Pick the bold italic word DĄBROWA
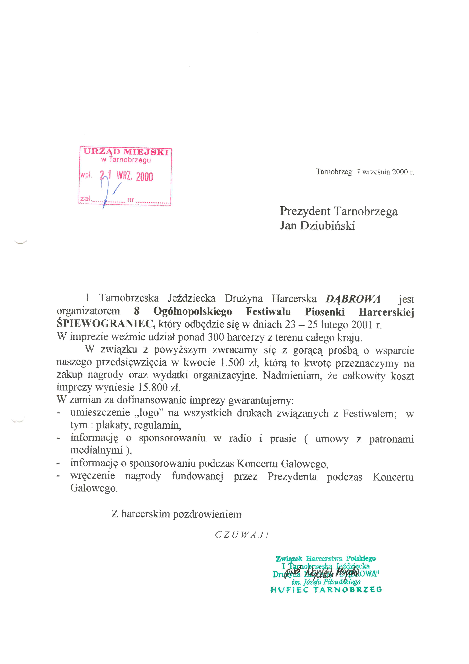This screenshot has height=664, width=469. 353,299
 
